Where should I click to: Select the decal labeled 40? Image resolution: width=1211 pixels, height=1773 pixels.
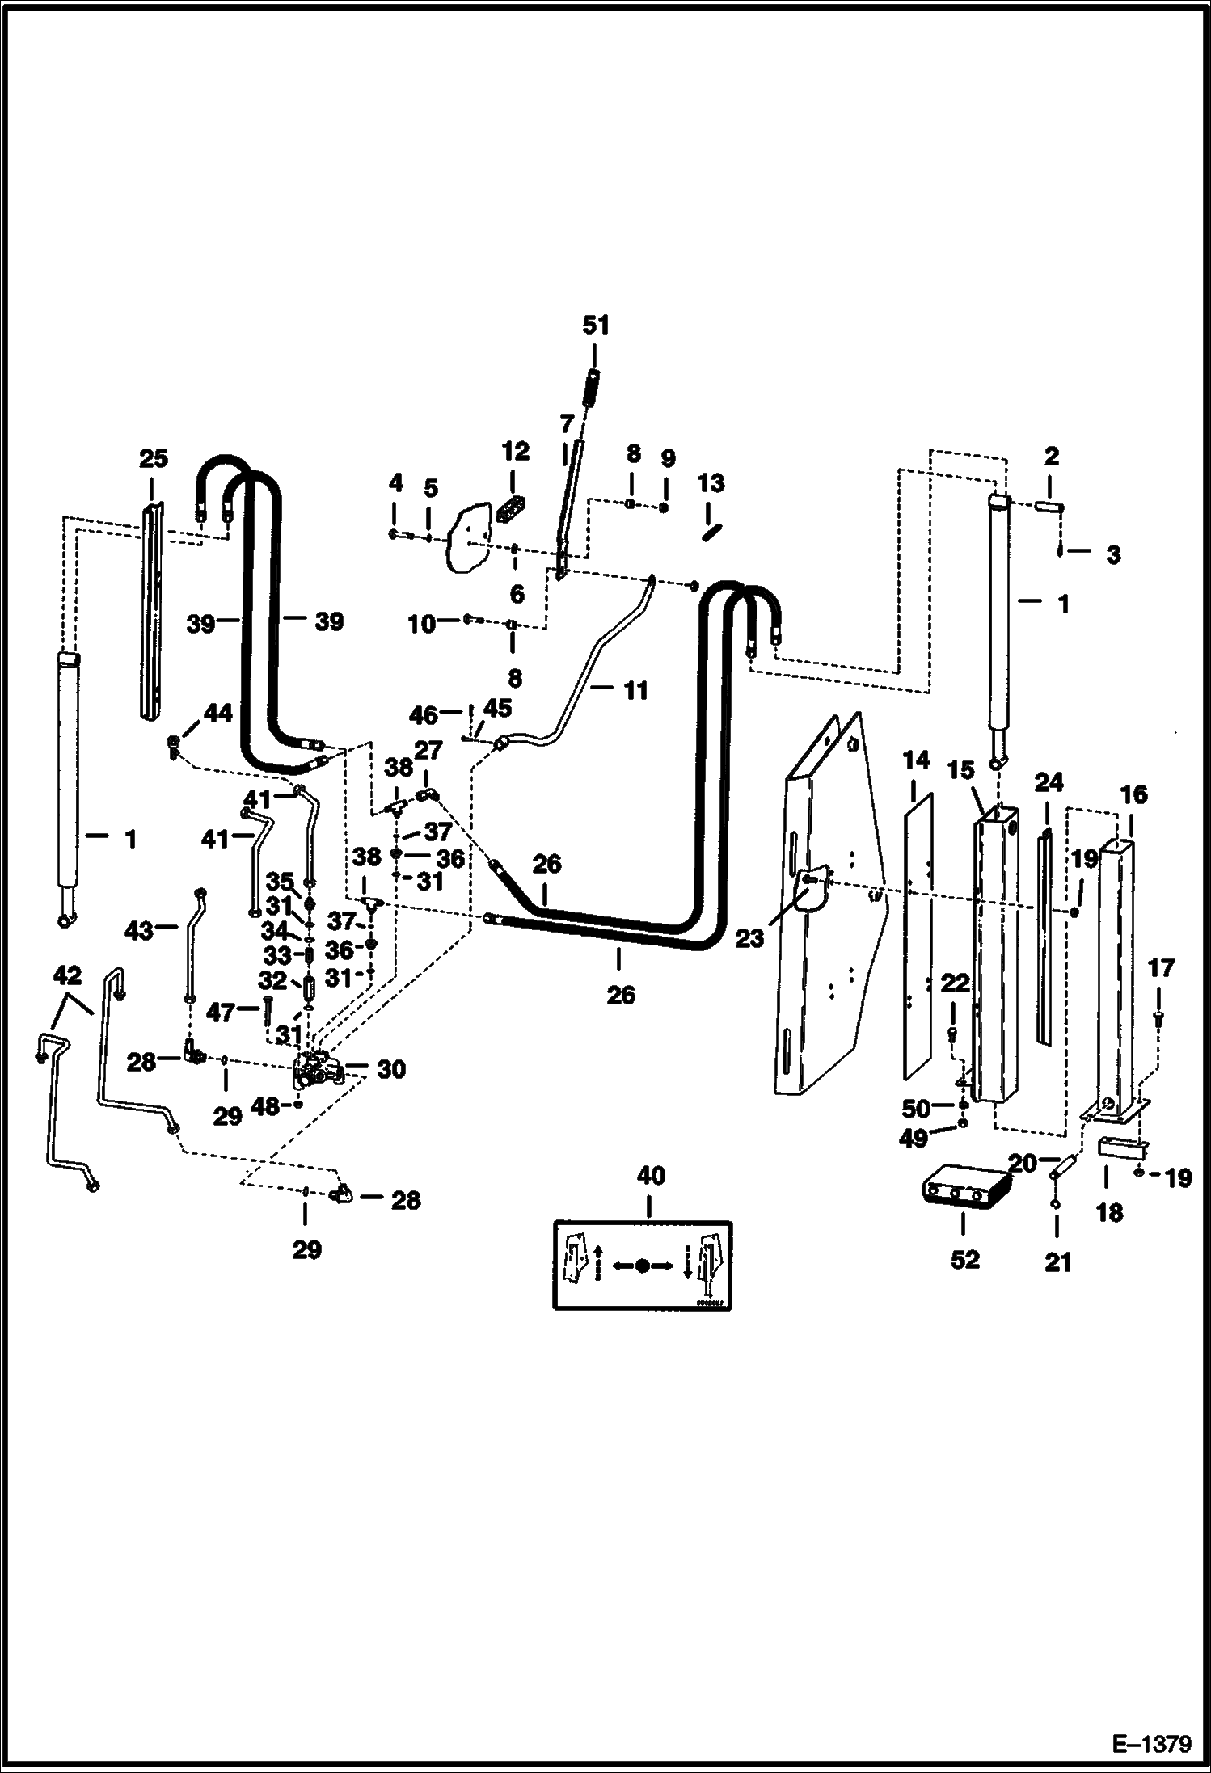point(643,1266)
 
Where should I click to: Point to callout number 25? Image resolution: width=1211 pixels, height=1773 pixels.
point(154,459)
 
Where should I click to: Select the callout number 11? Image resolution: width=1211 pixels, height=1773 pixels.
point(636,690)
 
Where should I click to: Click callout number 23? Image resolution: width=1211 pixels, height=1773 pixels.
point(749,938)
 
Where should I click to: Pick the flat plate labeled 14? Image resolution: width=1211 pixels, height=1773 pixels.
point(918,937)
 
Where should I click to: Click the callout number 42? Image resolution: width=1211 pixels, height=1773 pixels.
point(67,975)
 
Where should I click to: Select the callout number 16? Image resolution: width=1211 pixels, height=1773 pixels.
point(1133,794)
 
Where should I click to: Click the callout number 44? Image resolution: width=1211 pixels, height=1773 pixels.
point(217,713)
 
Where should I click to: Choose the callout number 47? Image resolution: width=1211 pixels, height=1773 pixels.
point(221,1012)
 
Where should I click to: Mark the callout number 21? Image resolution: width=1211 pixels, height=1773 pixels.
point(1057,1261)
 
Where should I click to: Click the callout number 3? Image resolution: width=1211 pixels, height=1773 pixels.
point(1113,554)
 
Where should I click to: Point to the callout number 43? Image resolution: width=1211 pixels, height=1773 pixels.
point(138,931)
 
